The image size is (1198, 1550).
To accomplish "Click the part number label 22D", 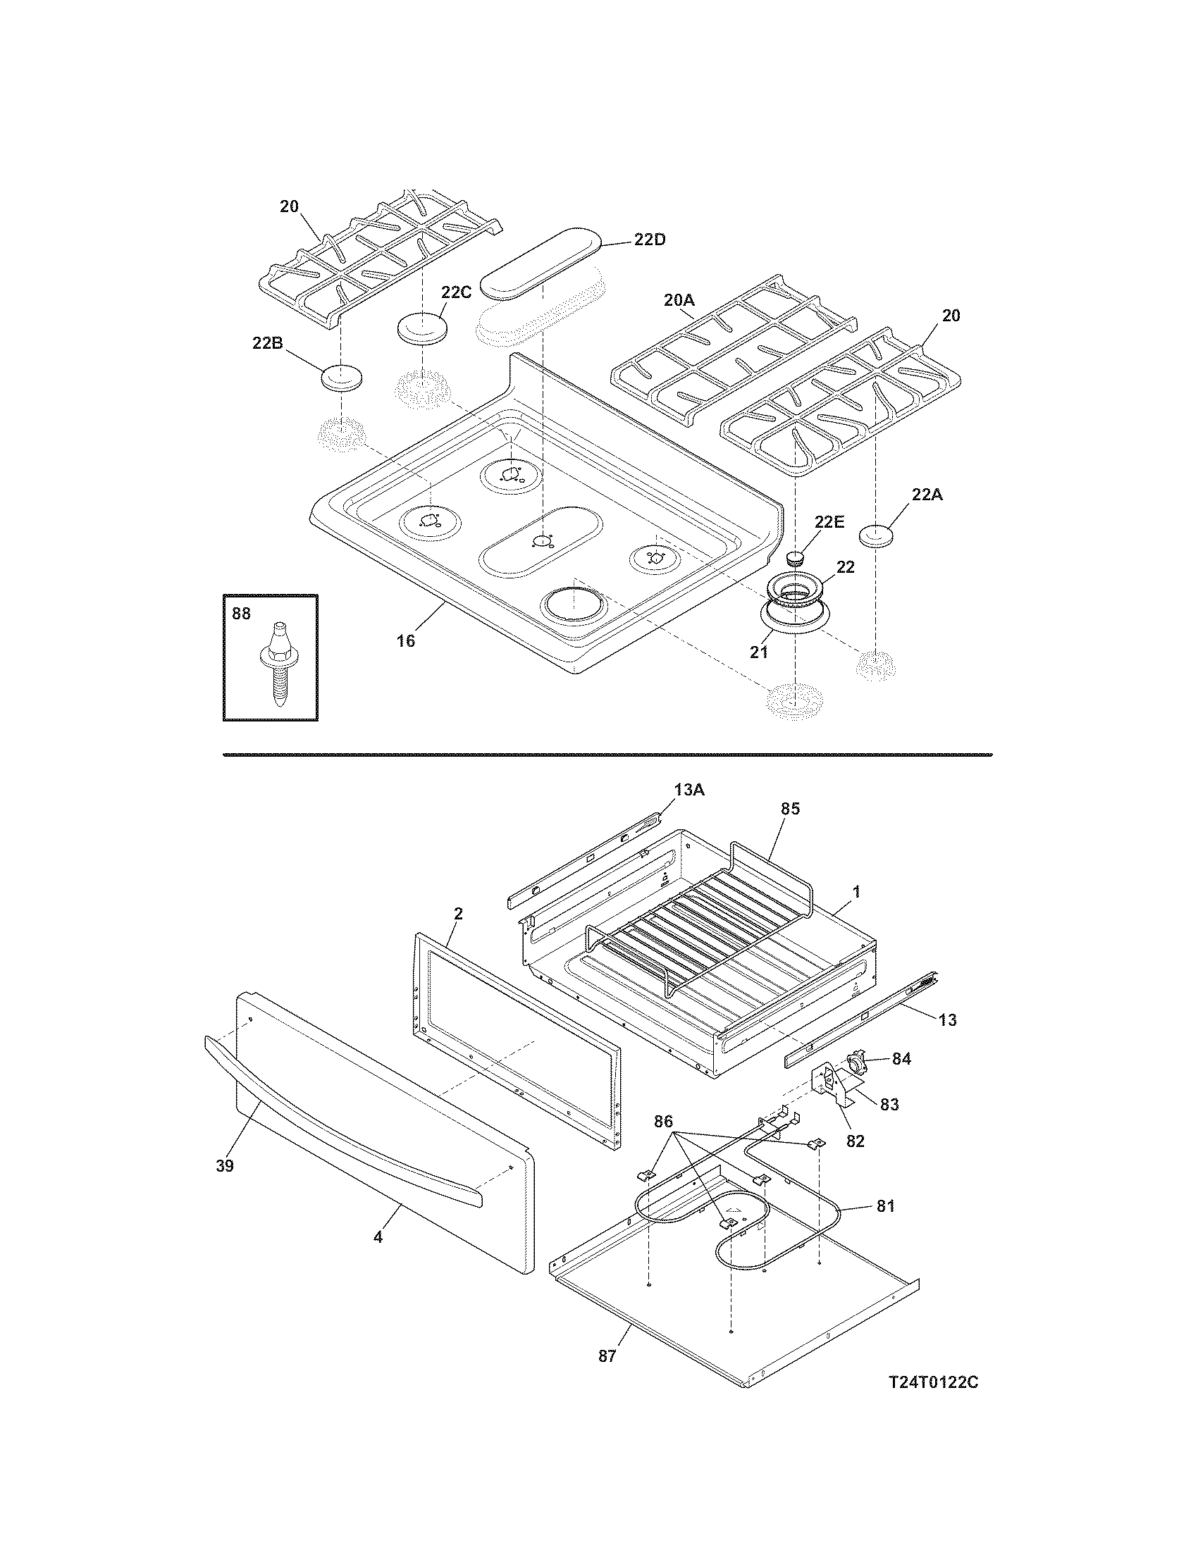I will [650, 239].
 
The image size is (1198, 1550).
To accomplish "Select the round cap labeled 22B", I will [341, 378].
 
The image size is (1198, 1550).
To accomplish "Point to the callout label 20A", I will [679, 300].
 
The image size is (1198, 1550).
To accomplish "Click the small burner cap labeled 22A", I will [879, 536].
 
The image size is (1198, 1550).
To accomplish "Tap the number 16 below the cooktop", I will [405, 641].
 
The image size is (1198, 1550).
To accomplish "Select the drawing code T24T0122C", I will [933, 1382].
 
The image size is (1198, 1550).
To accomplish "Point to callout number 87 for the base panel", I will [607, 1356].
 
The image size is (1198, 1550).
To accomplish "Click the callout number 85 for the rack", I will [790, 808].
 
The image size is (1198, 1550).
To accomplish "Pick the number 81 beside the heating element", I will [885, 1205].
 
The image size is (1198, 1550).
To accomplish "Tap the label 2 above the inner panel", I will [458, 913].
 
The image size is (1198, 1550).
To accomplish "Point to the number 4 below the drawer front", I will [378, 1236].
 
